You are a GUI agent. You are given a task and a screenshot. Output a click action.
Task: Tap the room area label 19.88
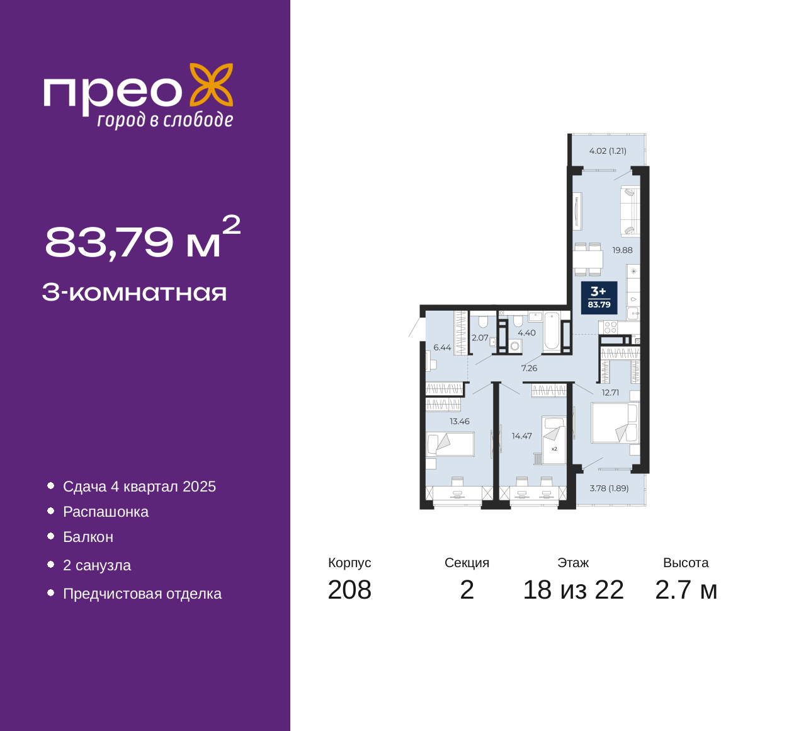click(622, 250)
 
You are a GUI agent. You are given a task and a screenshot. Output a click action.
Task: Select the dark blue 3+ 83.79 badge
click(599, 297)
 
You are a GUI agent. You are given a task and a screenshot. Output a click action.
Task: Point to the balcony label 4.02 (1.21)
click(608, 151)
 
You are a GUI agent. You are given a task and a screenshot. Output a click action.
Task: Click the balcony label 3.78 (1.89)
click(609, 488)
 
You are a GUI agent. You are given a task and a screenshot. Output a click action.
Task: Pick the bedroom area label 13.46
click(460, 422)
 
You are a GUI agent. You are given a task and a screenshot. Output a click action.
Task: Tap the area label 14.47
click(522, 436)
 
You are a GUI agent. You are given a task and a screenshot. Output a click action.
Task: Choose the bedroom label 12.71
click(610, 393)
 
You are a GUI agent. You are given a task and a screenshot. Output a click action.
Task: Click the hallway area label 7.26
click(529, 368)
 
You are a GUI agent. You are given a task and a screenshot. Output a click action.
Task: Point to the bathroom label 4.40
click(527, 333)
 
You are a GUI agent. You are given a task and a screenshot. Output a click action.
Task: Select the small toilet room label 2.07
click(480, 338)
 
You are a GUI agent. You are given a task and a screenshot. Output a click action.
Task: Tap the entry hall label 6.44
click(442, 347)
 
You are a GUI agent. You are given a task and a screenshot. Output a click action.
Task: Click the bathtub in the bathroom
click(552, 332)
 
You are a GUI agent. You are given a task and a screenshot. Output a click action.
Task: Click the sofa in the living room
click(630, 210)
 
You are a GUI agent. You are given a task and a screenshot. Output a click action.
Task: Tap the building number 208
click(349, 590)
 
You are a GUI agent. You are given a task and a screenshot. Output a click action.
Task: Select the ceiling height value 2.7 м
click(686, 590)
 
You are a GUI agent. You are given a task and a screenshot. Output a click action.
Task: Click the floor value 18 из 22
click(574, 590)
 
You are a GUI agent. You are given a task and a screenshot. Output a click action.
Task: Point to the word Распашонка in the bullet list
click(106, 512)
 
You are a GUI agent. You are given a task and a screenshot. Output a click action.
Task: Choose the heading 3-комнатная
click(135, 293)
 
